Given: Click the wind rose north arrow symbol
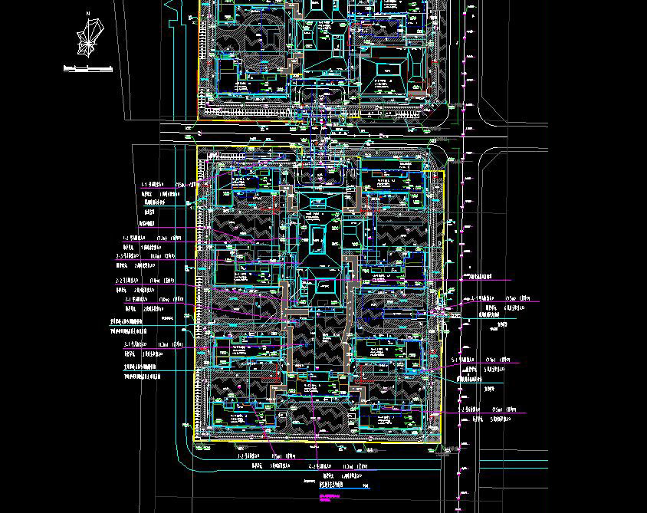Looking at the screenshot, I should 89,38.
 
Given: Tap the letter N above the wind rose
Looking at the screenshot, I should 89,13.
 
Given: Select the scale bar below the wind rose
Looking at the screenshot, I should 88,69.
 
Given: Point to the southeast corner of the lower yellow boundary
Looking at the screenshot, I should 444,442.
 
